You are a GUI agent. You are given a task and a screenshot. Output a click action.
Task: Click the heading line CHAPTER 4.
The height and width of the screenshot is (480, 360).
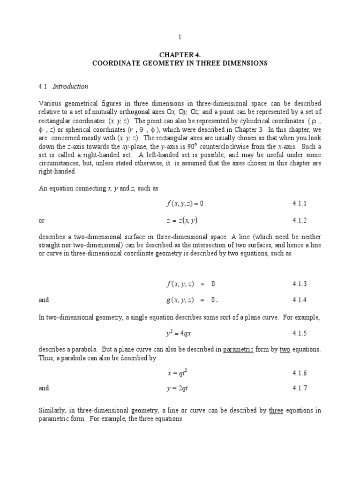pyautogui.click(x=180, y=54)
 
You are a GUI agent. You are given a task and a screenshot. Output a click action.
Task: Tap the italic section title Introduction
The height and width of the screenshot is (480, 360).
pyautogui.click(x=70, y=86)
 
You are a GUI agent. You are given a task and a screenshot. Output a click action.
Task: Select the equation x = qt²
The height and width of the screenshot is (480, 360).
pyautogui.click(x=180, y=373)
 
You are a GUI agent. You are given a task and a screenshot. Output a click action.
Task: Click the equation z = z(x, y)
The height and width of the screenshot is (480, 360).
pyautogui.click(x=185, y=220)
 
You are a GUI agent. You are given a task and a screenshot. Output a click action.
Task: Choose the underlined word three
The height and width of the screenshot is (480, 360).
pyautogui.click(x=276, y=411)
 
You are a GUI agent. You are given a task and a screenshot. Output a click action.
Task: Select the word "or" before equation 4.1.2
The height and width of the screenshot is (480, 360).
pyautogui.click(x=41, y=220)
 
